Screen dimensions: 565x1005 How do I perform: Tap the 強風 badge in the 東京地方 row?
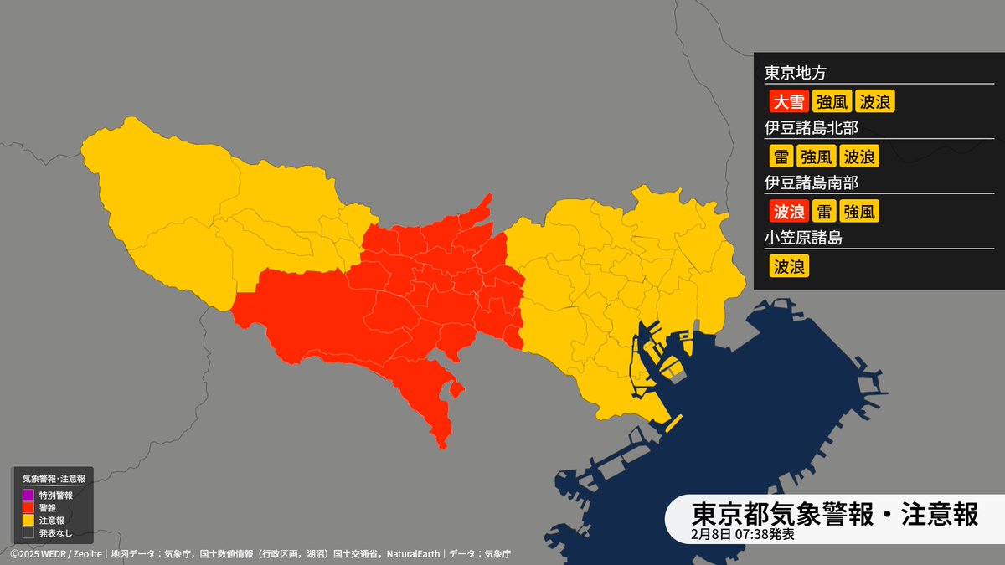(x=832, y=102)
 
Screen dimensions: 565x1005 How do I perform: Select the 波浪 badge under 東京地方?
(x=876, y=102)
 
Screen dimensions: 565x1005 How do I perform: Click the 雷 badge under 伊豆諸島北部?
(x=781, y=157)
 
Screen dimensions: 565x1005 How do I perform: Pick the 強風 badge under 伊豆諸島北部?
(x=816, y=157)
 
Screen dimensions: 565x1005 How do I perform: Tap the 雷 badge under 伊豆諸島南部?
(x=824, y=211)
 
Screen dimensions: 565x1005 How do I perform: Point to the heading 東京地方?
(x=795, y=73)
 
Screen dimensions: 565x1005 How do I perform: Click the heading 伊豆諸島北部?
(x=811, y=128)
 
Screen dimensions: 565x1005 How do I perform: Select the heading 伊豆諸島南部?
(x=811, y=182)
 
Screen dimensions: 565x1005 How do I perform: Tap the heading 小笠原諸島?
(x=802, y=238)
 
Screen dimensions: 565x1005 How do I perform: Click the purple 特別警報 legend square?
(x=28, y=496)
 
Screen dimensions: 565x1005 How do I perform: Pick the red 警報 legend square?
(x=28, y=507)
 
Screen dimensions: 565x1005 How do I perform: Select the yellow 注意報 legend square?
(x=28, y=520)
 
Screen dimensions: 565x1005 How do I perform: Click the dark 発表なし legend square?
(x=28, y=532)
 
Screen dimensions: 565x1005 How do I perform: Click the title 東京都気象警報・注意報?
(x=834, y=514)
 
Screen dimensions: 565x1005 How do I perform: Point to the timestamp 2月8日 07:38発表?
(x=743, y=533)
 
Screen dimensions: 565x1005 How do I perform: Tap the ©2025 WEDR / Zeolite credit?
(x=55, y=554)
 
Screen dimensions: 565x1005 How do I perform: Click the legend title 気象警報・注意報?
(x=54, y=479)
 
